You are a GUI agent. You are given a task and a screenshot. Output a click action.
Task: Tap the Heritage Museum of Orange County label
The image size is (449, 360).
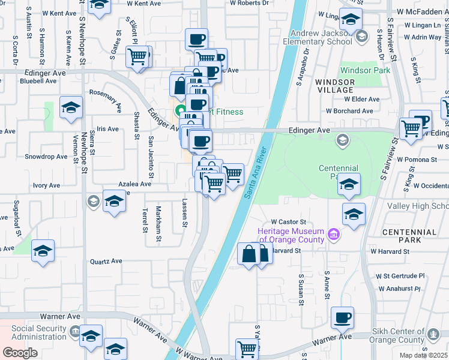(291, 236)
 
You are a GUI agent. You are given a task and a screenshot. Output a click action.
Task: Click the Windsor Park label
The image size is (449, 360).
(365, 70)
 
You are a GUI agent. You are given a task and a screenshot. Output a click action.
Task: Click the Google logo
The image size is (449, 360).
(20, 352)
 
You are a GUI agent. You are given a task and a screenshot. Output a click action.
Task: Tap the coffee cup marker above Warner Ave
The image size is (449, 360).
(342, 317)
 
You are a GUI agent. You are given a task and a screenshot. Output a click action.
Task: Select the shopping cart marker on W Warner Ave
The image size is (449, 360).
(247, 348)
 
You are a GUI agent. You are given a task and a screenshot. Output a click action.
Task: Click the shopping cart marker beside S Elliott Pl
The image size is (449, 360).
(137, 57)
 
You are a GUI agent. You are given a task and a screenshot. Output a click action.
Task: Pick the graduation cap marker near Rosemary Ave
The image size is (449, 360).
(71, 108)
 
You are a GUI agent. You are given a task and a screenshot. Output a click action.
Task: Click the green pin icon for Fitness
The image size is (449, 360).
(179, 112)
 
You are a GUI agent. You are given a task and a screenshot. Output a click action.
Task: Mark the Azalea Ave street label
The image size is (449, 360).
(134, 184)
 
